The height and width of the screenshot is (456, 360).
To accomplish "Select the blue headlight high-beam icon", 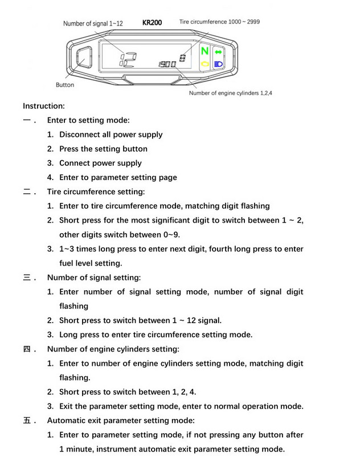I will (x=218, y=64).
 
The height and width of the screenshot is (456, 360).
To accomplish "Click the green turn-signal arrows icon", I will (x=218, y=52).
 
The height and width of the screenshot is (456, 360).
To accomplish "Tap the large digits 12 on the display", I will (x=127, y=58).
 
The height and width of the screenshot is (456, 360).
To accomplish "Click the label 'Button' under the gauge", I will (x=65, y=85).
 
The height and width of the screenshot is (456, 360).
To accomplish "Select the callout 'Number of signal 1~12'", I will (x=92, y=23).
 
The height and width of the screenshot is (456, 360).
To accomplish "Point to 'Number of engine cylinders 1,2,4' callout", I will (x=230, y=93).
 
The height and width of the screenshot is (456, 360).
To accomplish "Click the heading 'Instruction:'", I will (x=44, y=106).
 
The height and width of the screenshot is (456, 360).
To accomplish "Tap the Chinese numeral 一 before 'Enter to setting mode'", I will (x=28, y=120).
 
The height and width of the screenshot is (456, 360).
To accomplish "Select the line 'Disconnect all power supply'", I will (x=111, y=135).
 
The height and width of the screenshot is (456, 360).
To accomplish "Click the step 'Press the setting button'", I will (x=103, y=149).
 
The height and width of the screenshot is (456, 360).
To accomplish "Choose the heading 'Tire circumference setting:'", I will (x=96, y=192).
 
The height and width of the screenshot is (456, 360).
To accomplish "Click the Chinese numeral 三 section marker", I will (x=28, y=278).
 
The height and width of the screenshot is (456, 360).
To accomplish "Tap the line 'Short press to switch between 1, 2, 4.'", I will (x=128, y=392).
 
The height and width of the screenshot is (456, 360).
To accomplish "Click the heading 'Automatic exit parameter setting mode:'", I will (x=121, y=421).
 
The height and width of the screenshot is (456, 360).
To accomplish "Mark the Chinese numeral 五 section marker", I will (x=28, y=421).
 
